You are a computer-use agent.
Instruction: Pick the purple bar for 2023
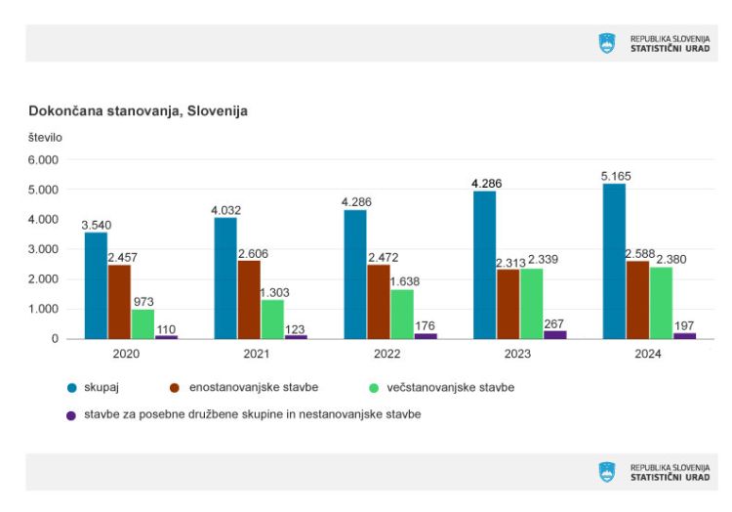coord(554,334)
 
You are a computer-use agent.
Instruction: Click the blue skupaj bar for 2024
coord(614,261)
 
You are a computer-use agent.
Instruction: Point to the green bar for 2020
coord(143,323)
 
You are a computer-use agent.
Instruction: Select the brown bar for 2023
coord(508,304)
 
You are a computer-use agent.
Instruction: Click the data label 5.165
coord(615,176)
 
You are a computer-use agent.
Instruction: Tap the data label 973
coord(143,302)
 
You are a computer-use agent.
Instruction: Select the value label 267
coord(555,323)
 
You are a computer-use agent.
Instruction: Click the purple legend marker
coord(70,415)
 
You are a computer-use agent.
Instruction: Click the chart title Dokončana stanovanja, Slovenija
coord(138,111)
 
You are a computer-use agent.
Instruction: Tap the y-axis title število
coord(45,137)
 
